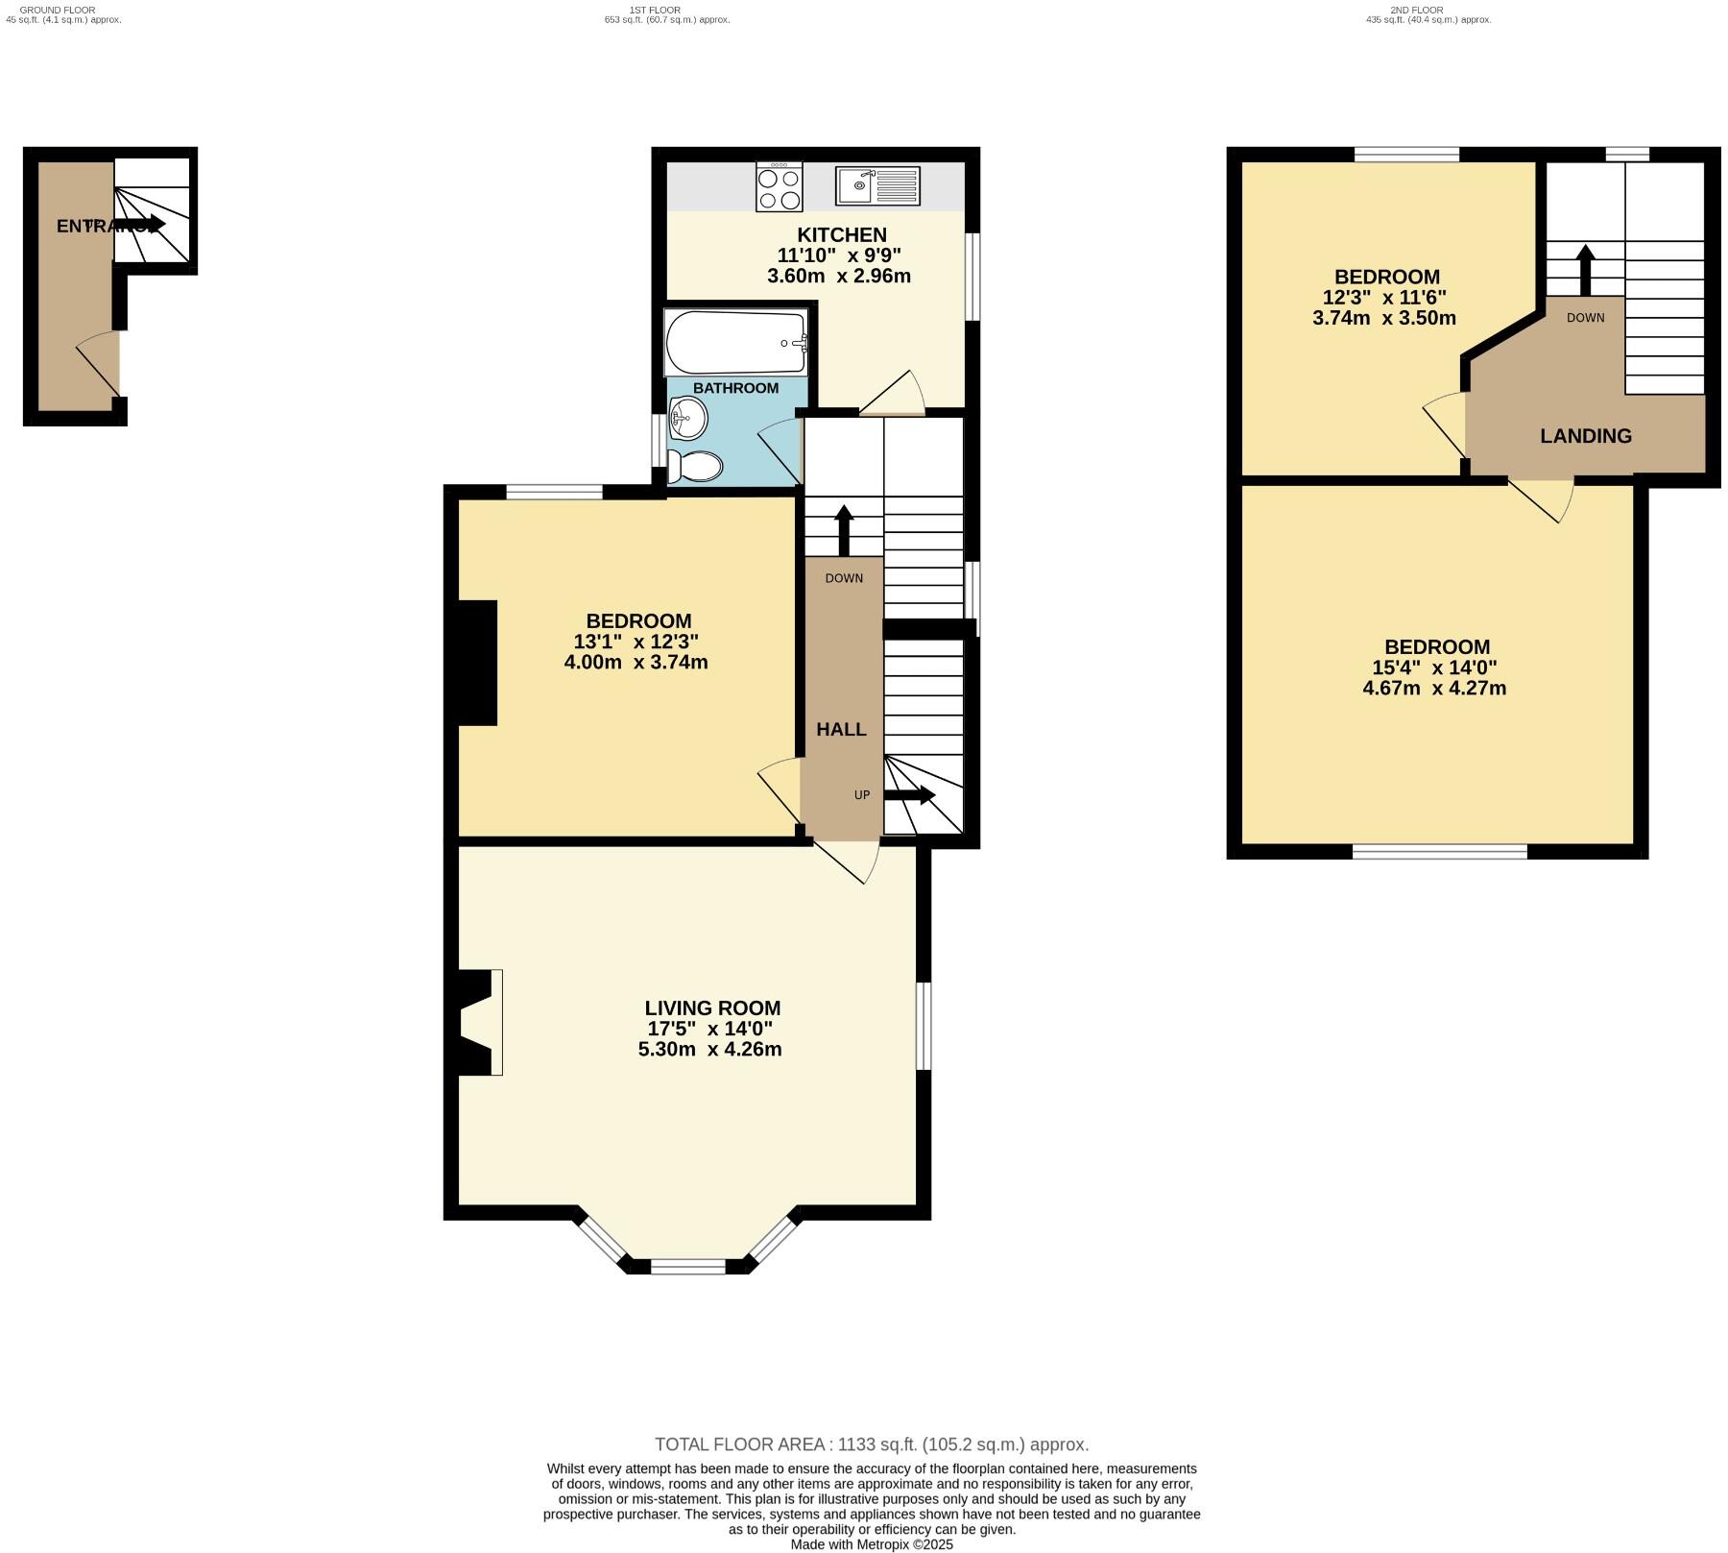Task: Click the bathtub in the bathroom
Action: (735, 343)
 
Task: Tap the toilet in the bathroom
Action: (695, 467)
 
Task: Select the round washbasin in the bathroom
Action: (688, 418)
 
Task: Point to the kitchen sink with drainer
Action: (877, 185)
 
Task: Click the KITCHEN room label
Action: (841, 235)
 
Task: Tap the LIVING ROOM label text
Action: (712, 1008)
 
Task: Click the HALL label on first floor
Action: (841, 730)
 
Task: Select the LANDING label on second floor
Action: (1585, 436)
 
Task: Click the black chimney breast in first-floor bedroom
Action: (477, 663)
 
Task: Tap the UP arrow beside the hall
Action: (908, 795)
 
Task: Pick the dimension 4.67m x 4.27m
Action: (1434, 689)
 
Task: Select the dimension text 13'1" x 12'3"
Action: (636, 642)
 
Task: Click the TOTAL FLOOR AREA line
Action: (871, 1444)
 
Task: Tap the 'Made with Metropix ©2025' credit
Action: (871, 1545)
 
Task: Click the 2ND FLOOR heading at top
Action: (1416, 11)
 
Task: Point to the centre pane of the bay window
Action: (688, 1267)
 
